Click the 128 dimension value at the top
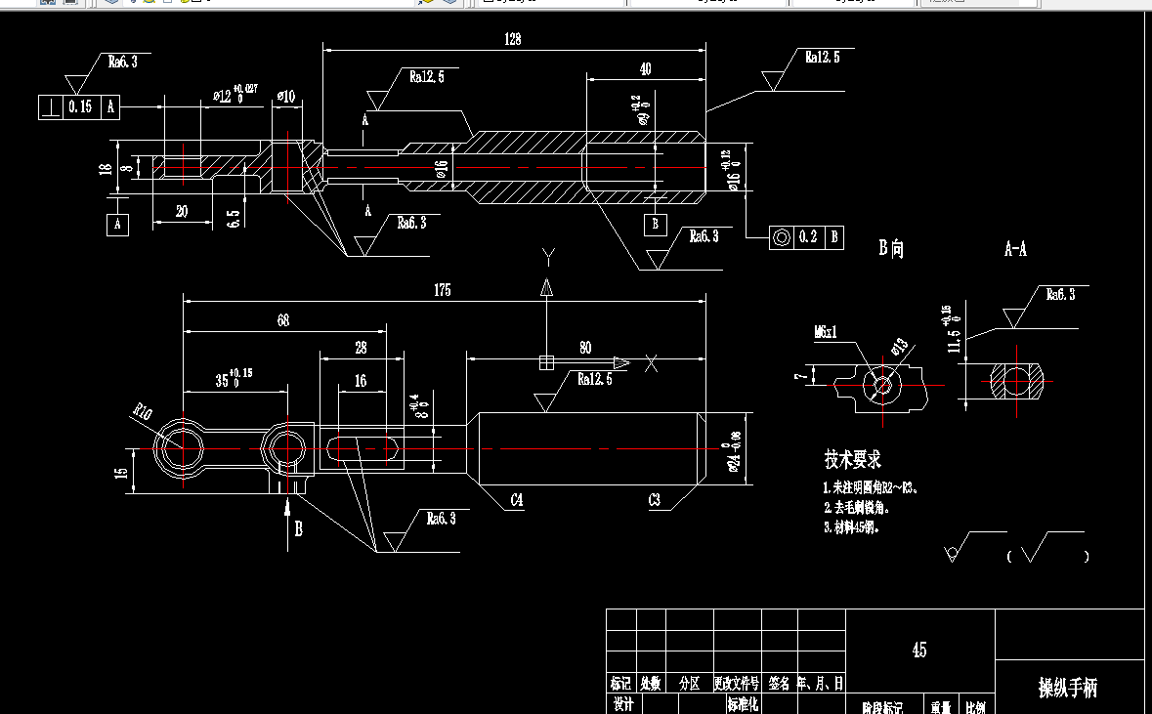pos(513,40)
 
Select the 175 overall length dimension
pos(442,290)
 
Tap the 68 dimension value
pos(283,319)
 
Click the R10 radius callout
pos(143,414)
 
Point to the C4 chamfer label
pos(516,500)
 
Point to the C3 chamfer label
pos(654,500)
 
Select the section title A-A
pos(1015,250)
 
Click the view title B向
pos(891,249)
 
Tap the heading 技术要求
pos(852,459)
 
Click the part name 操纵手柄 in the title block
pos(1067,689)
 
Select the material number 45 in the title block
pos(918,650)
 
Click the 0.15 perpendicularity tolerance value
pos(80,106)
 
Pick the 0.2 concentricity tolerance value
pos(807,236)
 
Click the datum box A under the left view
pos(118,225)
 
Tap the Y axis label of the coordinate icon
pos(548,258)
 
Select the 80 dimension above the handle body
pos(584,347)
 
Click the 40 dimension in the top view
pos(645,69)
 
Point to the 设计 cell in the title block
pos(622,703)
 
